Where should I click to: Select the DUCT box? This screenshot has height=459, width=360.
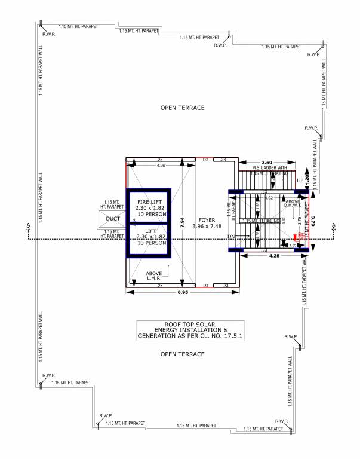[113, 218]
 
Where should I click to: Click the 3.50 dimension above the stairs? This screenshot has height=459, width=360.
[266, 162]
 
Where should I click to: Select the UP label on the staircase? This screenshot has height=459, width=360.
[300, 180]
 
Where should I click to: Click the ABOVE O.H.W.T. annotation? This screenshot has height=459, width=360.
[293, 204]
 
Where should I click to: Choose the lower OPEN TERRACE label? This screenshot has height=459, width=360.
[183, 354]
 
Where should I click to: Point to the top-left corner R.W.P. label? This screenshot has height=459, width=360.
[49, 34]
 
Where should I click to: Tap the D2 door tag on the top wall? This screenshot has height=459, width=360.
[205, 160]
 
